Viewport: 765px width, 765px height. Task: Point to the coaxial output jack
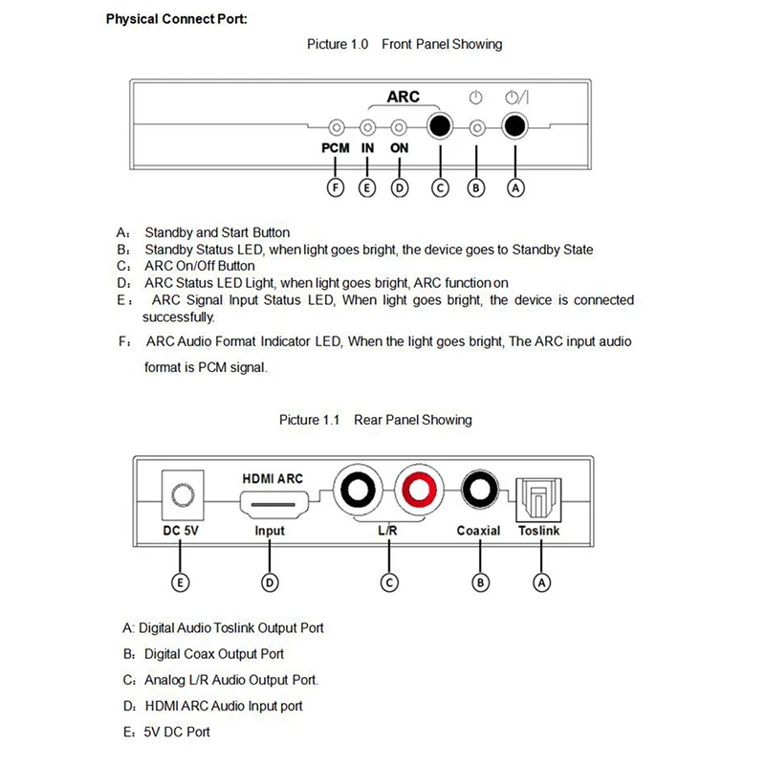tap(477, 492)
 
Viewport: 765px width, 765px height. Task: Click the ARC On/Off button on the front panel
tap(440, 127)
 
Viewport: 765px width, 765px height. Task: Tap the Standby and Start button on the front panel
tap(515, 127)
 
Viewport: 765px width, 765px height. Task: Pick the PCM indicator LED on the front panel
tap(336, 127)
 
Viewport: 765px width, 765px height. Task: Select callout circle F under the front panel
tap(336, 187)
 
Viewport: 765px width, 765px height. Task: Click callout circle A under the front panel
tap(515, 187)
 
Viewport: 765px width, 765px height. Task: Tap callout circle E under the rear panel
tap(179, 580)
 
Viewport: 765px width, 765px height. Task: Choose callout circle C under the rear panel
tap(388, 580)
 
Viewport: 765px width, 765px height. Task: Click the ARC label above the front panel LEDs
tap(403, 98)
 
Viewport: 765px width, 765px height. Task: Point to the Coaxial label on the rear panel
tap(478, 531)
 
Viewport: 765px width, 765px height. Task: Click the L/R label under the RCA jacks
tap(388, 531)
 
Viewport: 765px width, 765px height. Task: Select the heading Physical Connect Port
tap(176, 18)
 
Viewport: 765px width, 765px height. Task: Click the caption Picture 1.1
tap(310, 420)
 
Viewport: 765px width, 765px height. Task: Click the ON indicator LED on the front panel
tap(399, 127)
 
